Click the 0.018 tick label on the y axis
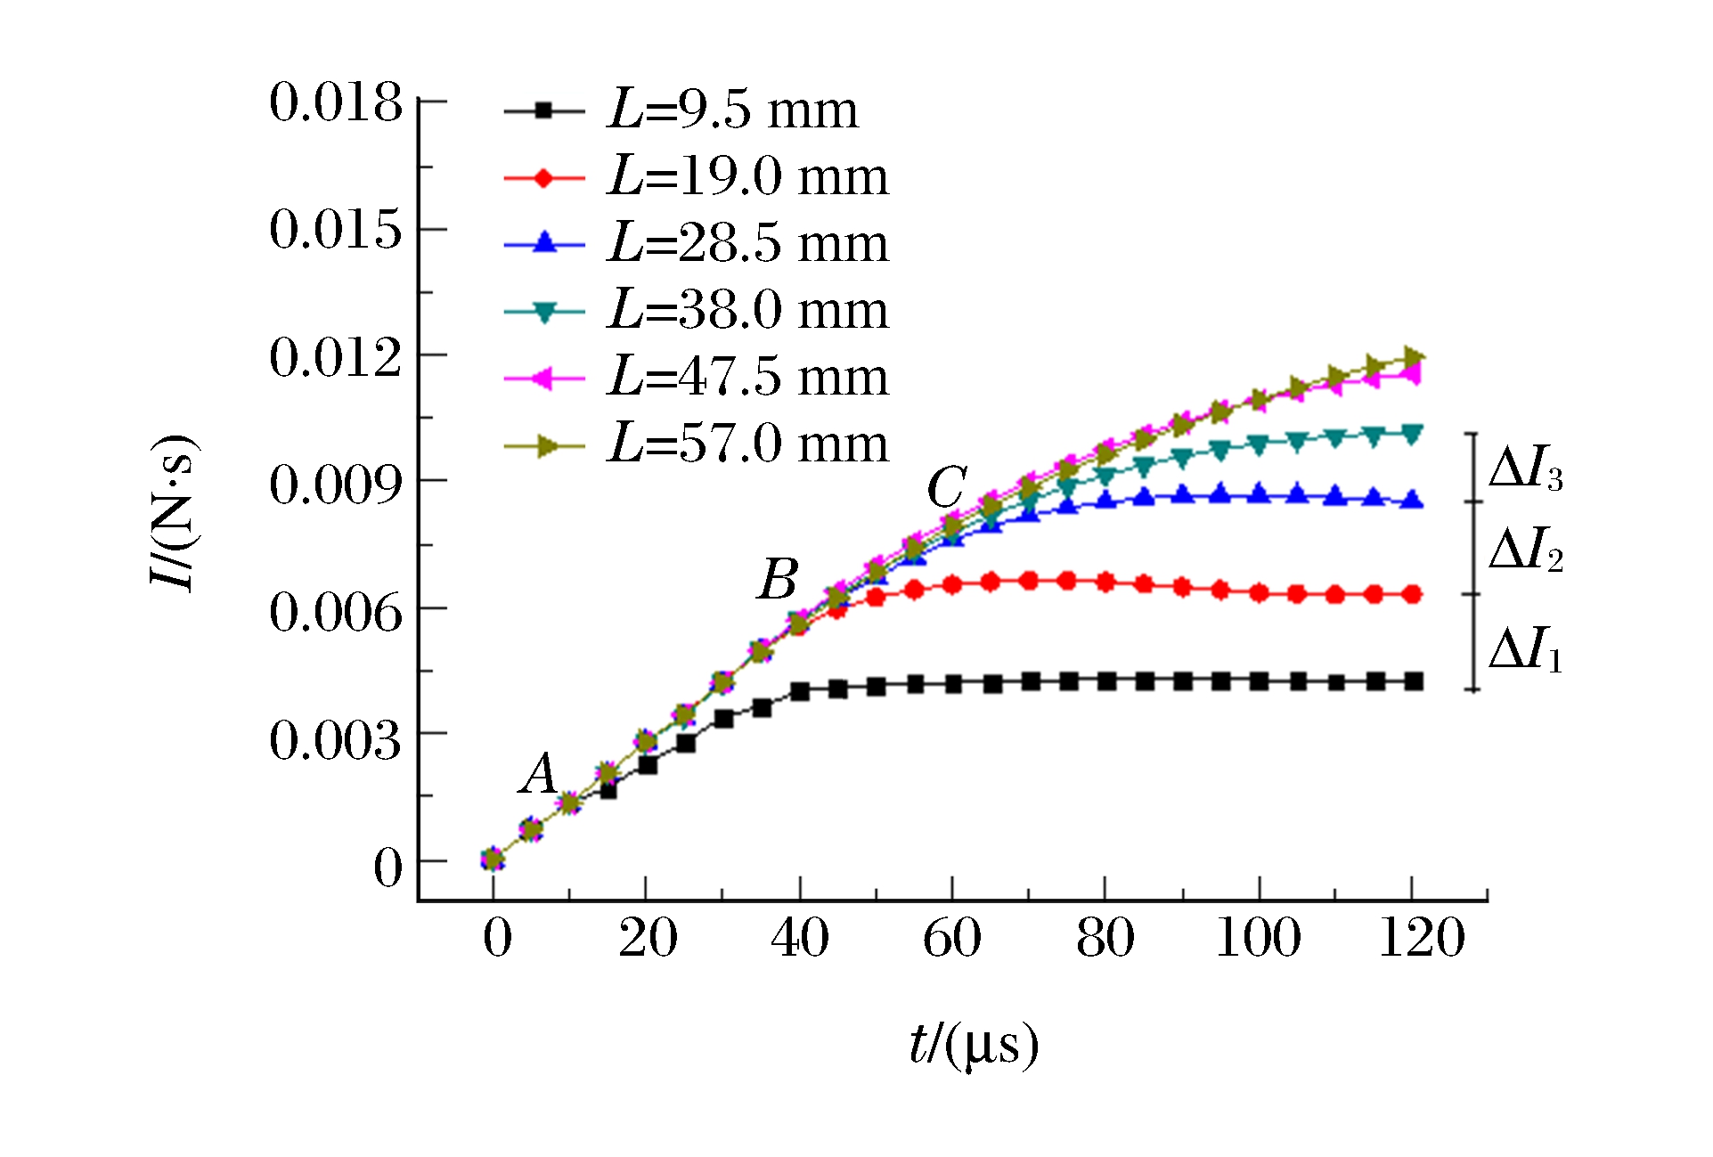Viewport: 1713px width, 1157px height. [336, 103]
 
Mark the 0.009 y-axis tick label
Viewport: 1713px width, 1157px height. [336, 485]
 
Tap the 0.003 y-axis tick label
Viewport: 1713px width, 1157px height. [336, 740]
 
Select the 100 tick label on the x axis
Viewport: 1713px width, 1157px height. [1258, 939]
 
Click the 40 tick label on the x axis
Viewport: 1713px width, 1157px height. [799, 939]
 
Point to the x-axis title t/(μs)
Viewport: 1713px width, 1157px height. [974, 1044]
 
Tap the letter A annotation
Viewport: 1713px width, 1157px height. [539, 773]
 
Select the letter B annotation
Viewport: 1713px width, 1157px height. [778, 580]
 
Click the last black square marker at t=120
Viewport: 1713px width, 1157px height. [1413, 682]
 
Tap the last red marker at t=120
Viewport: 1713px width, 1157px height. [1413, 594]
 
